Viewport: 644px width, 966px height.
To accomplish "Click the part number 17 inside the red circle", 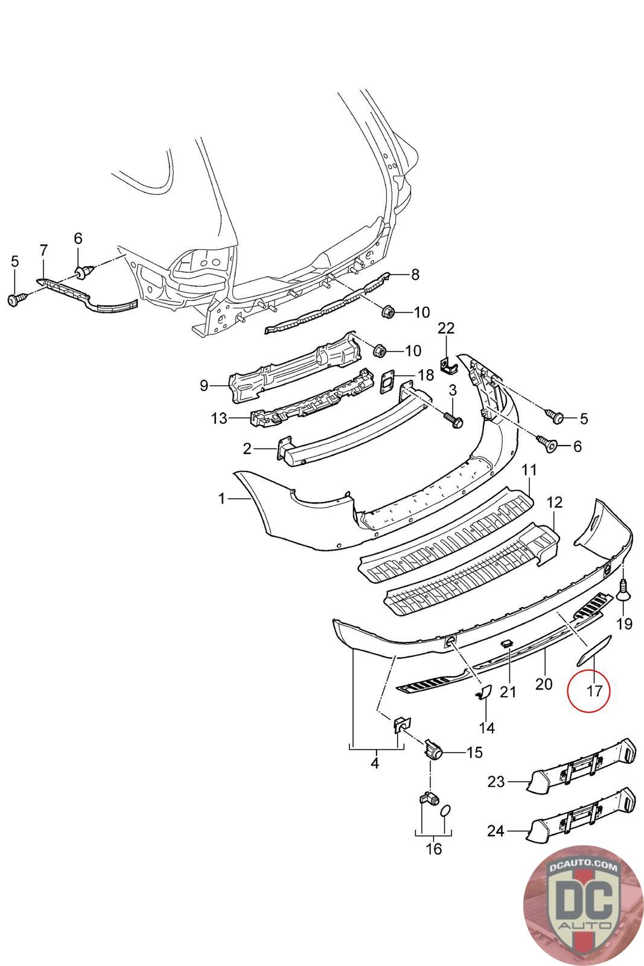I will [x=595, y=691].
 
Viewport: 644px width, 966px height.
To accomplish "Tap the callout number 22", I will [x=446, y=328].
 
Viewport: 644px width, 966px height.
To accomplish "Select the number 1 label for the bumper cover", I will [x=222, y=499].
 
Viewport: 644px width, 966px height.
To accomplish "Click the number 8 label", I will [x=415, y=275].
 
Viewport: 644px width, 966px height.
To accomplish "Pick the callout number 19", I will [x=624, y=623].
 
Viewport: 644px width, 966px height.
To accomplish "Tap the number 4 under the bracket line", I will [x=374, y=764].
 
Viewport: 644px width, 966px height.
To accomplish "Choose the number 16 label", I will [x=433, y=849].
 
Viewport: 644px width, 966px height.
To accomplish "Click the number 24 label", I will [x=496, y=831].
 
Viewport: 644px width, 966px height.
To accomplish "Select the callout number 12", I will [x=554, y=502].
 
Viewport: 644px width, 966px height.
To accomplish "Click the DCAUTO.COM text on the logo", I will [x=583, y=867].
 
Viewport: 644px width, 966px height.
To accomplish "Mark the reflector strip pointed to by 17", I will [x=594, y=651].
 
